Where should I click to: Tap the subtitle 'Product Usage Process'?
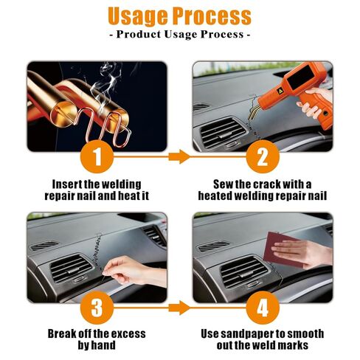[180, 35]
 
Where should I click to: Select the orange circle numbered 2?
[262, 156]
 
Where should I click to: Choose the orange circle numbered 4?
[262, 305]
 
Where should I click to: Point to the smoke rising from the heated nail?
[109, 77]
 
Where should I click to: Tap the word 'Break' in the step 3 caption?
[63, 333]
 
